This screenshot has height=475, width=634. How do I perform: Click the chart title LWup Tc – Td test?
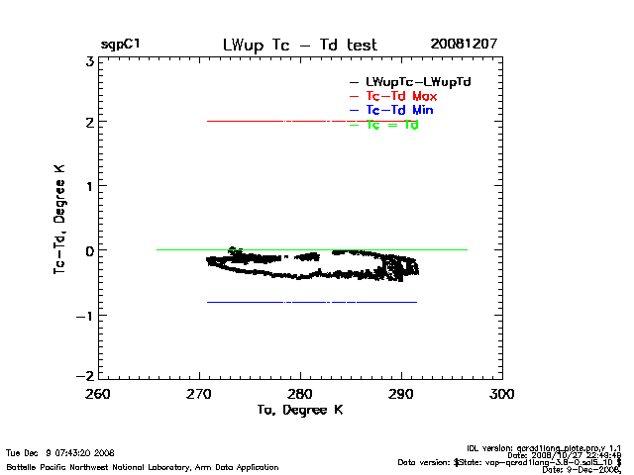click(x=300, y=45)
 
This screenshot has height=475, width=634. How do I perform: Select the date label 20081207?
click(x=464, y=45)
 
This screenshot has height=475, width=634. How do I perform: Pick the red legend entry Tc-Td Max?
click(x=401, y=95)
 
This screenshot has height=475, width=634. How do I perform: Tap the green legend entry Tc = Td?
click(x=392, y=125)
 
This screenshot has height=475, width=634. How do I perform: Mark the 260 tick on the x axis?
click(x=97, y=394)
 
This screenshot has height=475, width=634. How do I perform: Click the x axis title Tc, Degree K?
click(x=300, y=410)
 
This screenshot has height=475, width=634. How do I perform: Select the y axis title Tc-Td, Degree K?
click(x=61, y=219)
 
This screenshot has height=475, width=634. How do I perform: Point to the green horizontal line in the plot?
click(x=198, y=249)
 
